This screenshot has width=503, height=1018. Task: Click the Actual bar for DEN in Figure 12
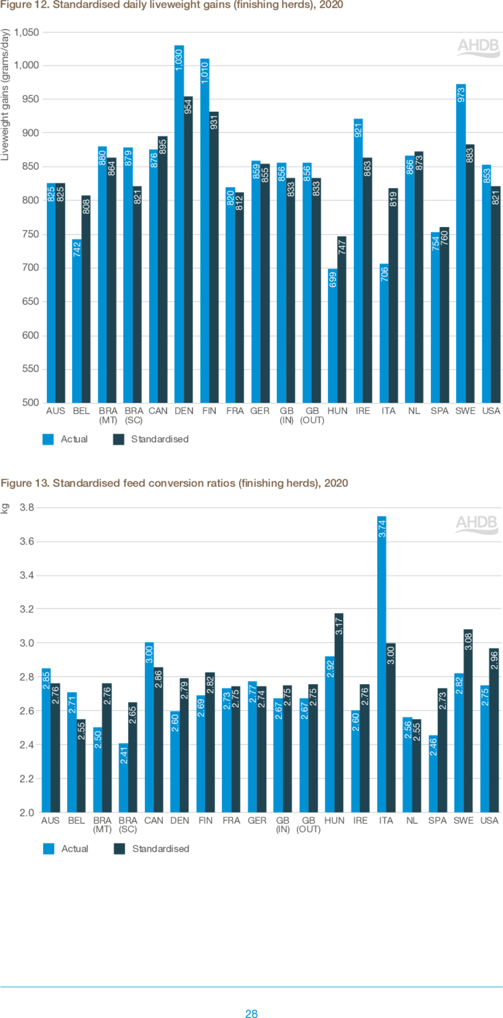(179, 224)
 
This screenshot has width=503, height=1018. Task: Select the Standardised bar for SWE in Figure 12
(470, 274)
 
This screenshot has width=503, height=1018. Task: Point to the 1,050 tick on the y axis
(26, 32)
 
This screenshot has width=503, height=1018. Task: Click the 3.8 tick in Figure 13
(27, 508)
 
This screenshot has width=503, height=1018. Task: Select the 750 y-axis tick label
(31, 234)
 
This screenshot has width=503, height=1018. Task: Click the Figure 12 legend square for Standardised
(118, 439)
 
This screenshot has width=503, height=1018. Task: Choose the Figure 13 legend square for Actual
(49, 849)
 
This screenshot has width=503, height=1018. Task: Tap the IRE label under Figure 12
(363, 411)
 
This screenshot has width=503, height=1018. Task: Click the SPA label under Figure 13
(438, 821)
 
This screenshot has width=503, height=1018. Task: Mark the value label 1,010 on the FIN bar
(205, 73)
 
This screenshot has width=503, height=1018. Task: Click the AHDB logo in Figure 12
(478, 47)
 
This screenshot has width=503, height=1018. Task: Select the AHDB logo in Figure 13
(476, 524)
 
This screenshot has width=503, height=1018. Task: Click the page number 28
(251, 1013)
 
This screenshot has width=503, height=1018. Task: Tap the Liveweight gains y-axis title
(5, 95)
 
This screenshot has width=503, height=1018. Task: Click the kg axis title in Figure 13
(5, 508)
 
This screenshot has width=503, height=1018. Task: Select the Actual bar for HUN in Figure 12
(333, 336)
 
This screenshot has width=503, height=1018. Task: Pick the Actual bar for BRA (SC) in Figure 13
(124, 777)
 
